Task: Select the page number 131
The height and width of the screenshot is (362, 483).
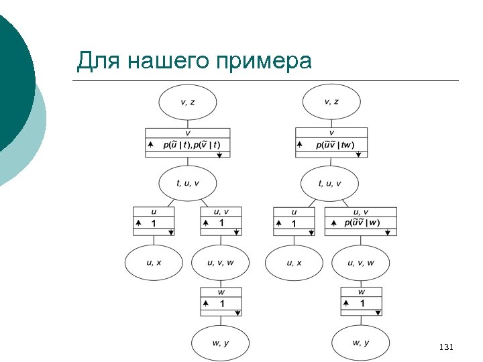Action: tap(445, 347)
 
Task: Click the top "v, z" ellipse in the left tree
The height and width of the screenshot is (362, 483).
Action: tap(188, 102)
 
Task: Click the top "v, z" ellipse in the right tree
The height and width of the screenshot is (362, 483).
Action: tap(331, 102)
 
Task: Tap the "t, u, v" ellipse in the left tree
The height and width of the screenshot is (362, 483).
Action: tap(188, 184)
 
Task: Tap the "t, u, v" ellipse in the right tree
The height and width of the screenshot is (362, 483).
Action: tap(329, 184)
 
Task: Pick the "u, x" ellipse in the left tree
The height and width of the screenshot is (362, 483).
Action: tap(154, 263)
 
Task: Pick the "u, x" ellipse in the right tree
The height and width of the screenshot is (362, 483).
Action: tap(294, 263)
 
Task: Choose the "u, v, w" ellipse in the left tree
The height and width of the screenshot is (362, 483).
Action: tap(221, 263)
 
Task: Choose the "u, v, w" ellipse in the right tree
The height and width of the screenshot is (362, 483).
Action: tap(361, 263)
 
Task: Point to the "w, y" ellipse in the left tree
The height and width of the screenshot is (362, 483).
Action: tap(221, 343)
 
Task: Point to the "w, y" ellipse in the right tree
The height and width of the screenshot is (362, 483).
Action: tap(361, 343)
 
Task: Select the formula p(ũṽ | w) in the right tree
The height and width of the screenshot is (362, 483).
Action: tap(362, 223)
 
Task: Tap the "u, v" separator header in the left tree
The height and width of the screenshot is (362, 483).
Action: tap(221, 212)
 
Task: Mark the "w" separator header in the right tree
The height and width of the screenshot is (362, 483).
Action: tap(362, 292)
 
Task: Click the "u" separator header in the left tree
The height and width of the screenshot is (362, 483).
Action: tap(154, 212)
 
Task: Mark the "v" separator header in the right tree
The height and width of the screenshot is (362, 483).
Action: tap(331, 133)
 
